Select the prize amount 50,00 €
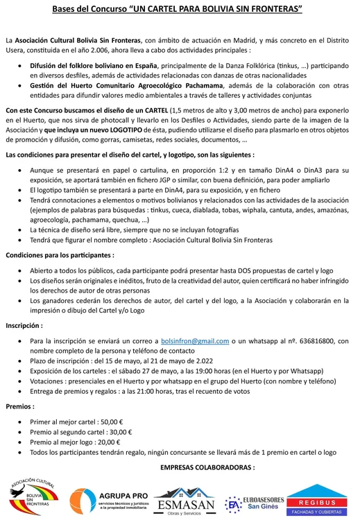point(111,422)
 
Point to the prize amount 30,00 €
point(121,432)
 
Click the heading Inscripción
point(24,324)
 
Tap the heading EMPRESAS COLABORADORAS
point(207,467)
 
